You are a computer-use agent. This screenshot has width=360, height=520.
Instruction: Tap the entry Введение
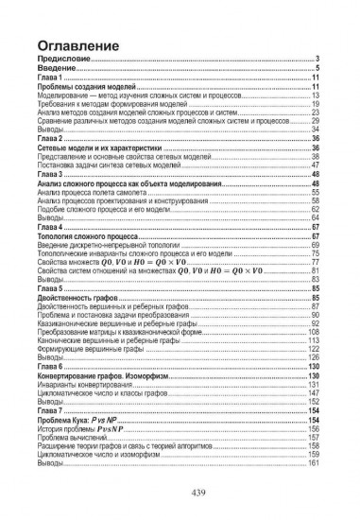click(50, 68)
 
